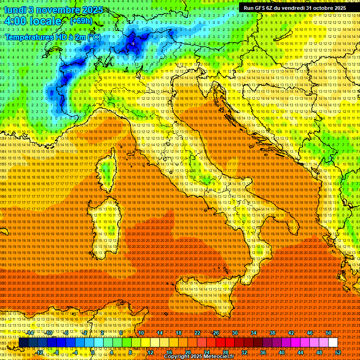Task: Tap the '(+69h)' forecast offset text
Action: (81, 21)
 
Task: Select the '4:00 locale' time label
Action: (33, 21)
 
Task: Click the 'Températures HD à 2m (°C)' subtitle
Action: (53, 37)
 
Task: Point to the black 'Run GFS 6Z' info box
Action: (294, 8)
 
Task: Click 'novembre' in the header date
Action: (56, 10)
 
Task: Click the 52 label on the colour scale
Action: (338, 352)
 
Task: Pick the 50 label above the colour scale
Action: (329, 333)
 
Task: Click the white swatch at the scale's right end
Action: (333, 343)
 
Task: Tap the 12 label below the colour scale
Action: (150, 352)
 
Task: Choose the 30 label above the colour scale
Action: (235, 333)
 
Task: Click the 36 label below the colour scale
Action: (263, 352)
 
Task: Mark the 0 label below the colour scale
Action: (93, 352)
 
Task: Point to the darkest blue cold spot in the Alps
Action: (134, 43)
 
